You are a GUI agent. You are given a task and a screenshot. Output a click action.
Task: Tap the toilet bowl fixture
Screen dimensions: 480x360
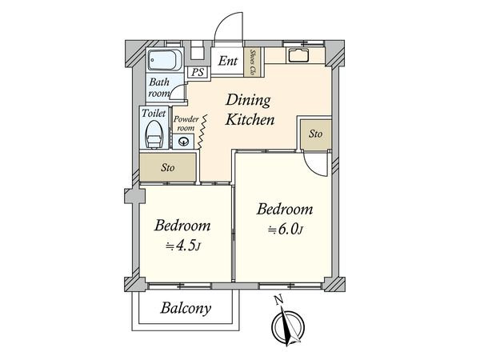154,134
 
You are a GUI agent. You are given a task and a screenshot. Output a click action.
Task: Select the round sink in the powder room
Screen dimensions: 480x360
183,142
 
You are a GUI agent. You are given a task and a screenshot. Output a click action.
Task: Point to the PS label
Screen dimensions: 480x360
198,73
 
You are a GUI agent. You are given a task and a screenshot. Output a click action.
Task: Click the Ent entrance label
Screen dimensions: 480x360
227,61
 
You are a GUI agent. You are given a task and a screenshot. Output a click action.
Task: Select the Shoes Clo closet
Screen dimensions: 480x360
253,62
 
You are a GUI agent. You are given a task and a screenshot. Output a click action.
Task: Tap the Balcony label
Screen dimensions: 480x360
186,308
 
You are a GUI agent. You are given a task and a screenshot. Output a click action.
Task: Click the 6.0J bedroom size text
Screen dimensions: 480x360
286,230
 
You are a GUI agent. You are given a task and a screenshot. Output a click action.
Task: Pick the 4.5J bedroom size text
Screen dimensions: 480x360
183,246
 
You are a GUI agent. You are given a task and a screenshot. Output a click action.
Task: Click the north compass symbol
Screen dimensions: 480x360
288,327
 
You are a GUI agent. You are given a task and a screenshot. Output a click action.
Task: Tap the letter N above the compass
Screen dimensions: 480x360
278,301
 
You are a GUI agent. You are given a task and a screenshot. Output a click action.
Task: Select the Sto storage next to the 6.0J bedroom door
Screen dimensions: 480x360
316,134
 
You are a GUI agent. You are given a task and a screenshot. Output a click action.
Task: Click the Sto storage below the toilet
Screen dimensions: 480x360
168,167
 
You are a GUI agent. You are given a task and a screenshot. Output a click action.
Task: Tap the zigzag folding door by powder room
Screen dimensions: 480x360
202,132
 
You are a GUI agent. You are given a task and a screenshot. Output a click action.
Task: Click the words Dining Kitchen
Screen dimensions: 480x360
250,110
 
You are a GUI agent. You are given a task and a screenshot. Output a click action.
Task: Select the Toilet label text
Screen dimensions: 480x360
154,114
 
